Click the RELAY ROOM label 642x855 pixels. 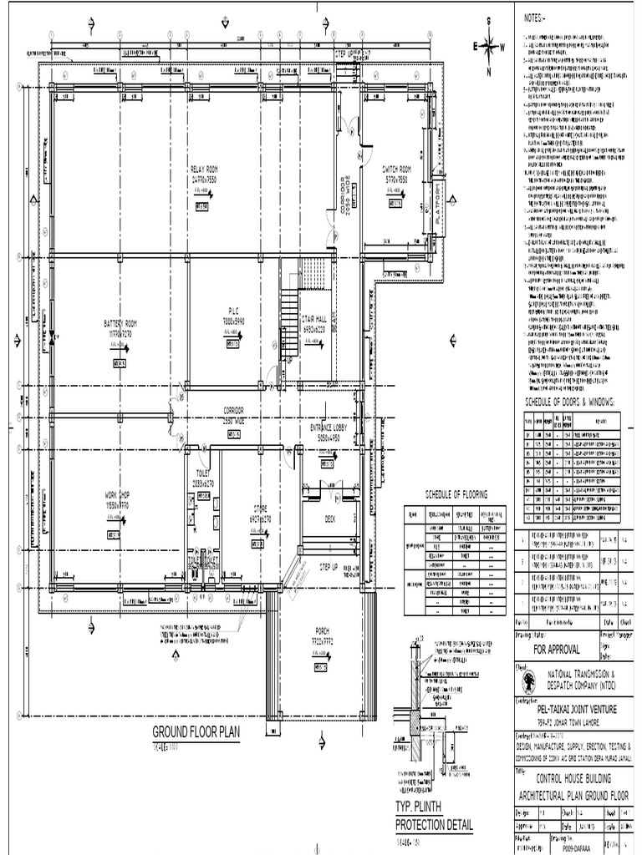coord(203,169)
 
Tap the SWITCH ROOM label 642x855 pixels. coord(395,167)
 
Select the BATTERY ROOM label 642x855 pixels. coord(120,323)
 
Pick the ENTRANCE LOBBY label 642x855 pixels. coord(334,427)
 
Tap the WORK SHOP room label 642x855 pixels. coord(118,495)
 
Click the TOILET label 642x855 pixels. coord(203,473)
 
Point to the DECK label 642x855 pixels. coord(329,519)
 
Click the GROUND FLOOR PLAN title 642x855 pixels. coord(196,732)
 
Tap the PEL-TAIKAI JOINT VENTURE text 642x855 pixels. coord(577,709)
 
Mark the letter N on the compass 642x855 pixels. coord(488,73)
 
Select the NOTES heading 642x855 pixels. coord(534,18)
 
